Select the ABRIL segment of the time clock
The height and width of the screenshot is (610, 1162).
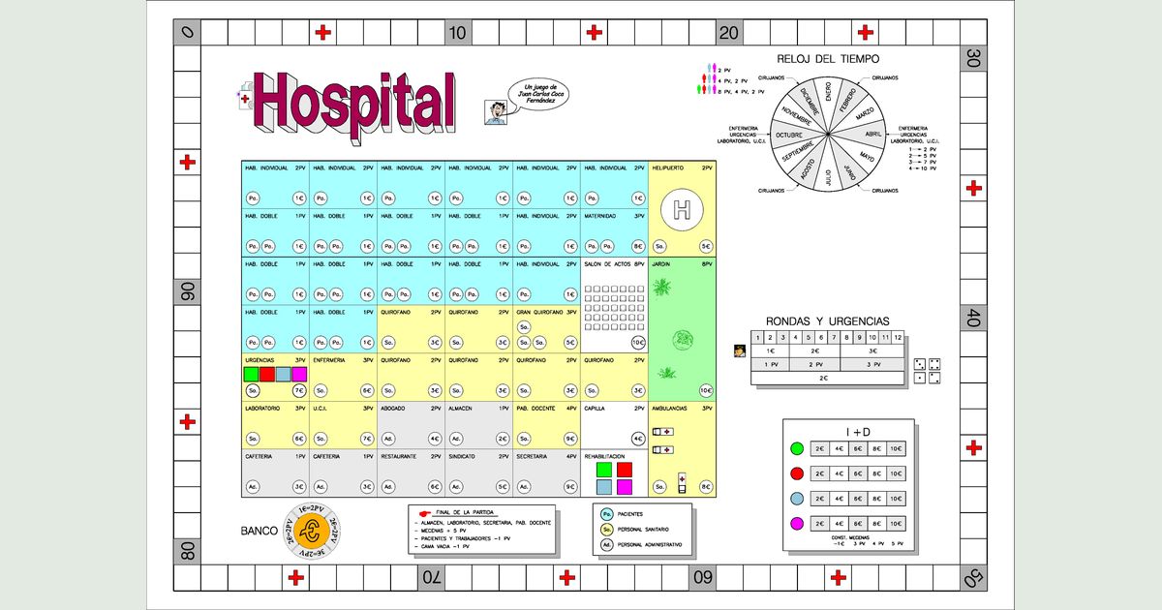coord(871,134)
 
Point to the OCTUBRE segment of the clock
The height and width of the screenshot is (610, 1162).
coord(796,136)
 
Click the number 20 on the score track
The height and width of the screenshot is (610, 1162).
coord(729,33)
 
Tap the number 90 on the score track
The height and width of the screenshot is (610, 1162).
coord(187,290)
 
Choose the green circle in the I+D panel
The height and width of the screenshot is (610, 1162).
coord(796,448)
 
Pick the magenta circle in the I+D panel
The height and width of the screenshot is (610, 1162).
coord(796,524)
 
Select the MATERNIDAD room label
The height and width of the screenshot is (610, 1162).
coord(602,216)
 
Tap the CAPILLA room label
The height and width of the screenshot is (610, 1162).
coord(596,409)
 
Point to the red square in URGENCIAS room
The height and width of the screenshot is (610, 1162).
coord(267,374)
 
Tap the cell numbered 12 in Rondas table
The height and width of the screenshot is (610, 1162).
coord(898,337)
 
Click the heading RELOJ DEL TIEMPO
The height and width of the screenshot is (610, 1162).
coord(828,59)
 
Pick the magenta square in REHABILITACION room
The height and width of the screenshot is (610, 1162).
coord(625,487)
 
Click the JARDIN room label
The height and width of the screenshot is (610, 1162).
coord(663,263)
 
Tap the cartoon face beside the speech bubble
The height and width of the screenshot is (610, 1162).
coord(495,109)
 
